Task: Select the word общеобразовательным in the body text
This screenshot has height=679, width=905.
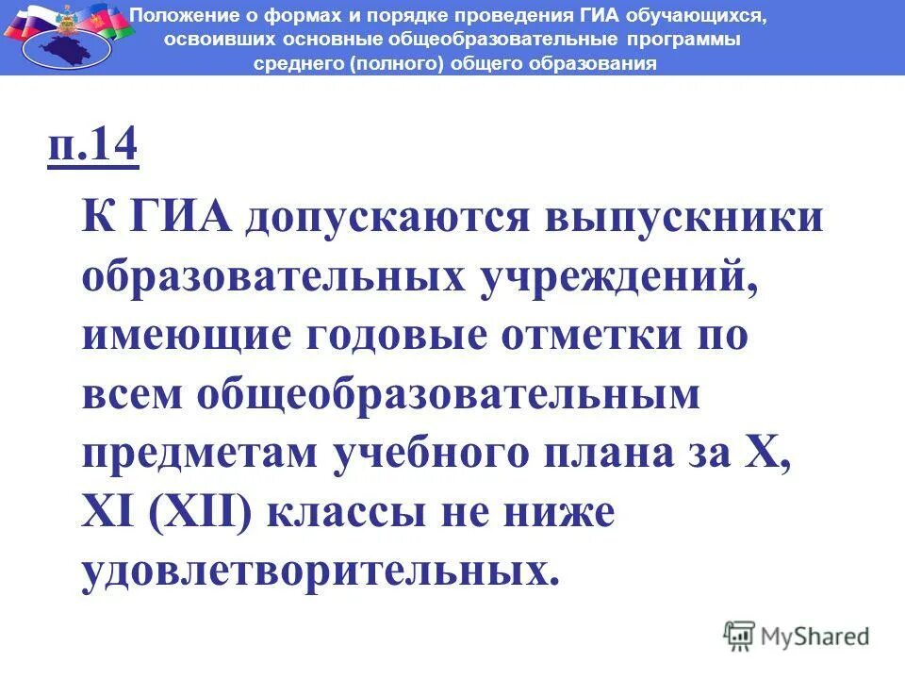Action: (x=448, y=397)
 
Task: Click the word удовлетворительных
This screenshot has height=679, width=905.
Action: (x=315, y=571)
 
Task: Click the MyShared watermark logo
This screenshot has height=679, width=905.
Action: (x=798, y=636)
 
